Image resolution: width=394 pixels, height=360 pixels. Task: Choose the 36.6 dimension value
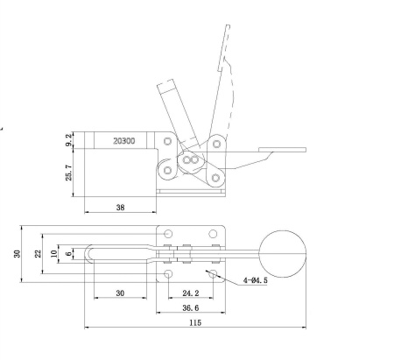coord(188,307)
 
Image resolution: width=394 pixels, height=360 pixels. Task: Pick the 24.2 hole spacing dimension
coord(188,293)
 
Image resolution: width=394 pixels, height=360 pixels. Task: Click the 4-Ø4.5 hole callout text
coord(257,281)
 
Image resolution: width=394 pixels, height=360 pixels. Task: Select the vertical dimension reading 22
coord(37,253)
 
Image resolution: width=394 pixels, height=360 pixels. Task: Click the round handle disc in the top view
coord(282,252)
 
